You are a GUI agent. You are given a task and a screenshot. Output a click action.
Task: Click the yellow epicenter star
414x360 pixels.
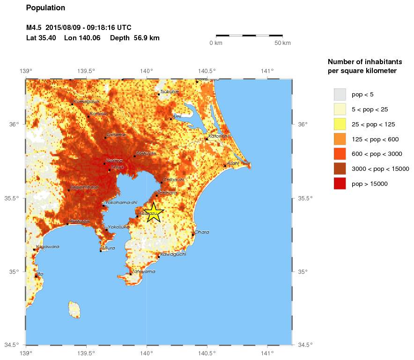[x=153, y=213]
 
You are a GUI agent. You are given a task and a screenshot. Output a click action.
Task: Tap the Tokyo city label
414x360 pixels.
[x=118, y=167]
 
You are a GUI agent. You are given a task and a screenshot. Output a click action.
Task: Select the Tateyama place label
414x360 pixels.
[x=140, y=272]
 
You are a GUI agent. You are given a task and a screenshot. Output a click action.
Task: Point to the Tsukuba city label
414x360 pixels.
[x=170, y=92]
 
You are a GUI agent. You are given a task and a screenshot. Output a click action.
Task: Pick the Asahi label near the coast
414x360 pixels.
[x=233, y=163]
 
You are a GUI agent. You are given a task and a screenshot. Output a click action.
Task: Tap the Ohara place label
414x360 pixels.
[x=201, y=232]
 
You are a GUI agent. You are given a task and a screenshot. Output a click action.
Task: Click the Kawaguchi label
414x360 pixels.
[x=173, y=254]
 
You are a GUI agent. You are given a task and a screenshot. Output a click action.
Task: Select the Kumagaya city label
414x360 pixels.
[x=86, y=101]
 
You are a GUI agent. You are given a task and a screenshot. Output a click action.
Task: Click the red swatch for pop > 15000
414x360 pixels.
[x=340, y=184]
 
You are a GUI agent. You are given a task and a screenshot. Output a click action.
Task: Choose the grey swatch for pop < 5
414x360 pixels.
[x=340, y=95]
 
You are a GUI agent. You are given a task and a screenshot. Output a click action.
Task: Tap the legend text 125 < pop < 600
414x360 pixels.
[x=375, y=139]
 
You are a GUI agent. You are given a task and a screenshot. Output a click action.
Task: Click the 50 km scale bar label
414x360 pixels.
[x=282, y=43]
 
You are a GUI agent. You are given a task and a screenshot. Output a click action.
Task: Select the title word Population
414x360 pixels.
[x=45, y=8]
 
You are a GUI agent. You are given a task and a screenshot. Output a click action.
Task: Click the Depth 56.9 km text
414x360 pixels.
[x=135, y=38]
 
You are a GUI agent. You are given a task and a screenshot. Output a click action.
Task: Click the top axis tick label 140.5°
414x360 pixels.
[x=207, y=71]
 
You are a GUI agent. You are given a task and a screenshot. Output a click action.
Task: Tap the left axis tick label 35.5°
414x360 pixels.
[x=13, y=198]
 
